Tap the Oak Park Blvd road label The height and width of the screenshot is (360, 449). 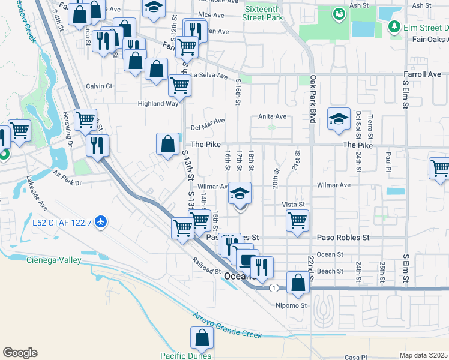click(x=313, y=96)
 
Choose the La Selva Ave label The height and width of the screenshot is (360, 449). click(x=209, y=76)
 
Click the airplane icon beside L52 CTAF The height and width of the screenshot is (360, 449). click(x=100, y=223)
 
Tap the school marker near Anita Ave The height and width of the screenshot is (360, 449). click(x=339, y=119)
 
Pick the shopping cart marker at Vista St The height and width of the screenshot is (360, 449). click(x=297, y=220)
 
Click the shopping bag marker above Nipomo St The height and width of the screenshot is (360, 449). click(x=298, y=283)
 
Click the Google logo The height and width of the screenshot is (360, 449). click(x=20, y=353)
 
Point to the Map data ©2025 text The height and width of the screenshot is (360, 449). click(x=423, y=355)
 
